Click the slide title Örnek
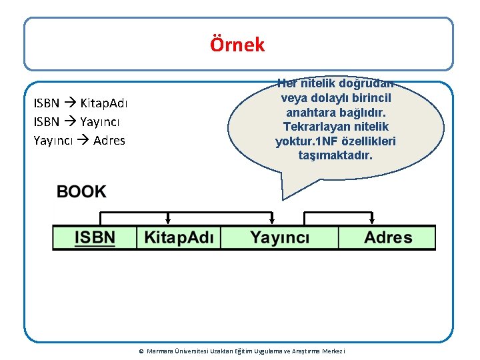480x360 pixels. (x=237, y=45)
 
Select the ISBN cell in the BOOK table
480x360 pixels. (x=95, y=237)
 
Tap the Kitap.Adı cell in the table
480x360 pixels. (x=179, y=237)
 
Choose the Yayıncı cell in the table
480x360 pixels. (x=279, y=237)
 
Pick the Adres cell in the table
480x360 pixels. (x=388, y=237)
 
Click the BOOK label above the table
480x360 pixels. (x=81, y=192)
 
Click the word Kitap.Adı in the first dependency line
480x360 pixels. (x=105, y=103)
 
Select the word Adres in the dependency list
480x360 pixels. (x=109, y=141)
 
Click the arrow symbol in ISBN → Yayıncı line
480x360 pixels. (x=71, y=122)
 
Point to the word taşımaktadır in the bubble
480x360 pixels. (x=336, y=155)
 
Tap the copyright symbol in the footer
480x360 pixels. (x=141, y=351)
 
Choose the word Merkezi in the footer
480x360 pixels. (x=341, y=351)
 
